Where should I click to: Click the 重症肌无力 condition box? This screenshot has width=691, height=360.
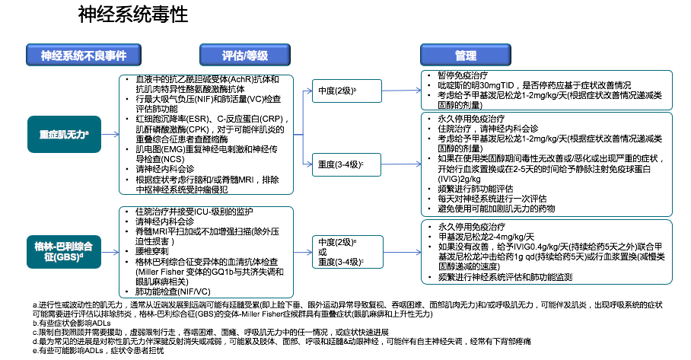tap(65, 133)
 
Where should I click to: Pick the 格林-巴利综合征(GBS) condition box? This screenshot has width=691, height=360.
tap(65, 252)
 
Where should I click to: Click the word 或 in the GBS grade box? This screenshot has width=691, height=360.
tap(323, 252)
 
